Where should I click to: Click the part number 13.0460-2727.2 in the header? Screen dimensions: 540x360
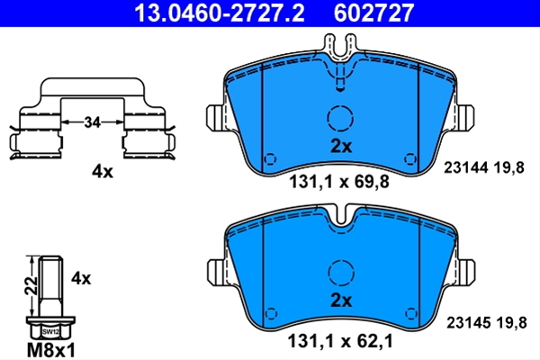[220, 13]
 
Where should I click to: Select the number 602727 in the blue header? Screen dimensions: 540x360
[373, 13]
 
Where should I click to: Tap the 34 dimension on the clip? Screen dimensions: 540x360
[92, 122]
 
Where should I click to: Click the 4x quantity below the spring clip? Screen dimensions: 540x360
[103, 171]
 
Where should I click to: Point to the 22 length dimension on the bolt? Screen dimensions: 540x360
[31, 285]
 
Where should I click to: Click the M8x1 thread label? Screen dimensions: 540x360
[51, 350]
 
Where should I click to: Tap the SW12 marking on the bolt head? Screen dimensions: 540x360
[50, 332]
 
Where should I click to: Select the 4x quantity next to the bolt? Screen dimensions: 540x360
[81, 278]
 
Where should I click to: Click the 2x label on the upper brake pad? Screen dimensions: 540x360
[341, 147]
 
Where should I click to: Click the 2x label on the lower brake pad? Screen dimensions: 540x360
[341, 301]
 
